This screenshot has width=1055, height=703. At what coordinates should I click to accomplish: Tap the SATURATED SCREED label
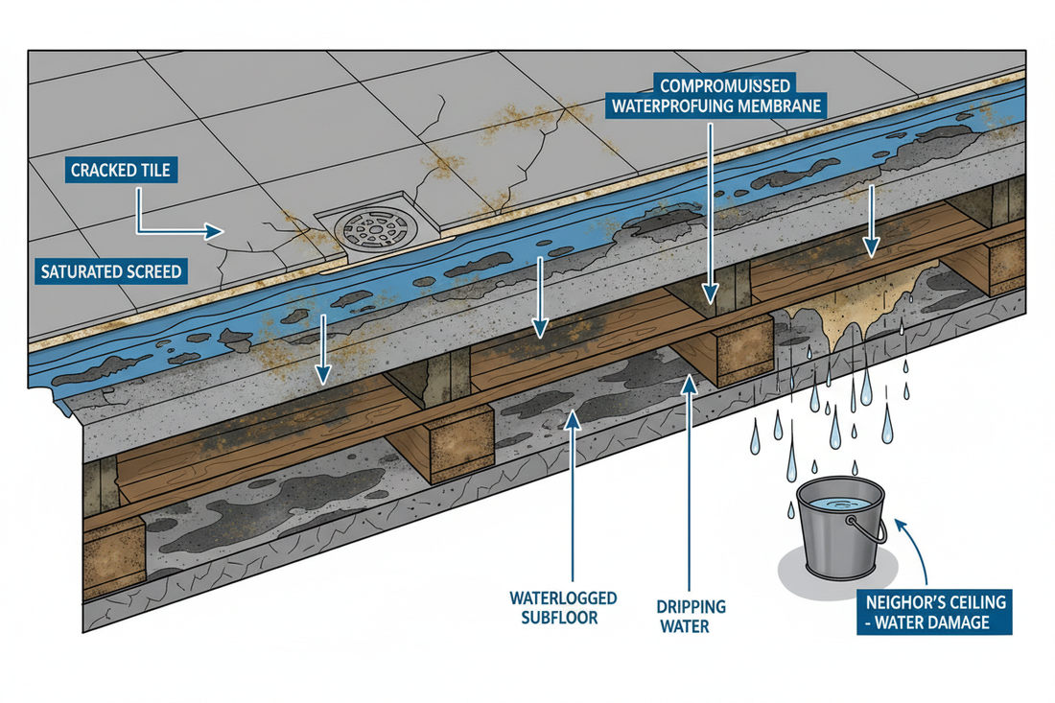(111, 271)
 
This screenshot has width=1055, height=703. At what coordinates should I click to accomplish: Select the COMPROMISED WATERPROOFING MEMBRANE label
(715, 94)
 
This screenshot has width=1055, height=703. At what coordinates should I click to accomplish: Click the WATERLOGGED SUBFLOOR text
(562, 607)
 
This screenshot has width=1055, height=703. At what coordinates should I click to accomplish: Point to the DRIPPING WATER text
(692, 616)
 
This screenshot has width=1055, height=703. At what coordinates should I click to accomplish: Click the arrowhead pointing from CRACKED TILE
(213, 231)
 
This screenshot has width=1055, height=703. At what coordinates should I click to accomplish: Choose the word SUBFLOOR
(562, 617)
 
